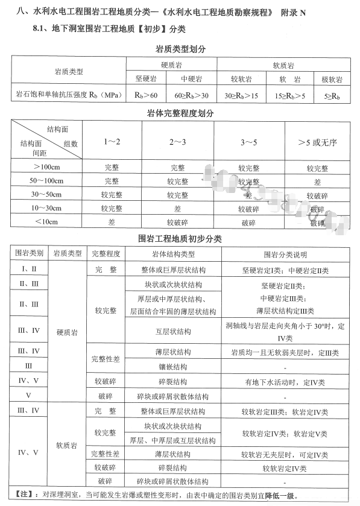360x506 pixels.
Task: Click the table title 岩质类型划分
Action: [x=180, y=49]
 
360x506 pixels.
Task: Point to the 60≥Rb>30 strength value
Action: [x=191, y=96]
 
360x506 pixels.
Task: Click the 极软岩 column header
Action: [x=332, y=80]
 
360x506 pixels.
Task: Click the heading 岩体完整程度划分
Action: [x=180, y=113]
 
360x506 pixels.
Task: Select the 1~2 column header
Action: [x=112, y=142]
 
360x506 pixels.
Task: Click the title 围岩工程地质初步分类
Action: [x=180, y=239]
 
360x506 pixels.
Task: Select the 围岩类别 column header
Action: [x=29, y=253]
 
